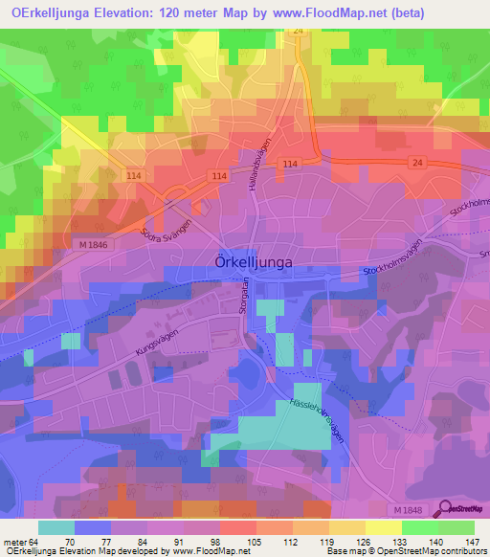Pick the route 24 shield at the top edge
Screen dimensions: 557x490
pyautogui.click(x=299, y=32)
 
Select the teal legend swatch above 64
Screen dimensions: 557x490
pyautogui.click(x=56, y=526)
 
